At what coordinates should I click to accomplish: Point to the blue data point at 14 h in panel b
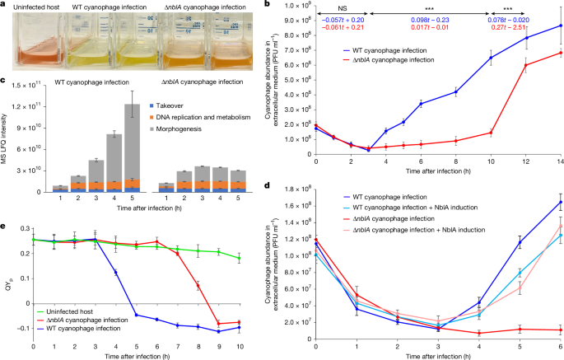pyautogui.click(x=561, y=26)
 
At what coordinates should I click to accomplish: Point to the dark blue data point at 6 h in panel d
pyautogui.click(x=560, y=202)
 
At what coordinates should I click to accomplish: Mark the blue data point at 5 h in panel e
pyautogui.click(x=138, y=315)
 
